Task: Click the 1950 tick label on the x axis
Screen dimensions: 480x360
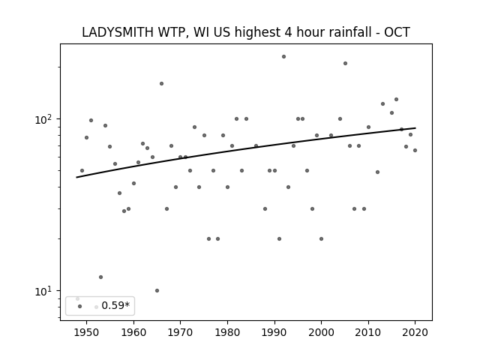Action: [87, 332]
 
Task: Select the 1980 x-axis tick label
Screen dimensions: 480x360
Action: [227, 332]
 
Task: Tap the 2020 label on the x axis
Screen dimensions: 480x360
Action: [415, 332]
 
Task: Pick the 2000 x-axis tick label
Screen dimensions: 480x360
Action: [321, 332]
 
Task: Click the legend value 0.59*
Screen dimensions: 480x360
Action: [115, 305]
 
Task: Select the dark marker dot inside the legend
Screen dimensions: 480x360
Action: [80, 306]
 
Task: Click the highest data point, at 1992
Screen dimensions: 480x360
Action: [283, 57]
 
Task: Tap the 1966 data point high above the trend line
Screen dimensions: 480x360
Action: [161, 83]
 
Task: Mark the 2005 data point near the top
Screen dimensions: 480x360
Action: [345, 63]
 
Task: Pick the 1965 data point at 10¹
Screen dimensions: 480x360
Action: [157, 290]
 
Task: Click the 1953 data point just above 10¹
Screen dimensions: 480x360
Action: [100, 277]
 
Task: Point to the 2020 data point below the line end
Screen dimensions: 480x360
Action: [415, 150]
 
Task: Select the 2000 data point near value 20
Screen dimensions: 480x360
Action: [321, 238]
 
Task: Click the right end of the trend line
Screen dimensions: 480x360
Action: [415, 128]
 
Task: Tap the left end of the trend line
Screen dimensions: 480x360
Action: [76, 177]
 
